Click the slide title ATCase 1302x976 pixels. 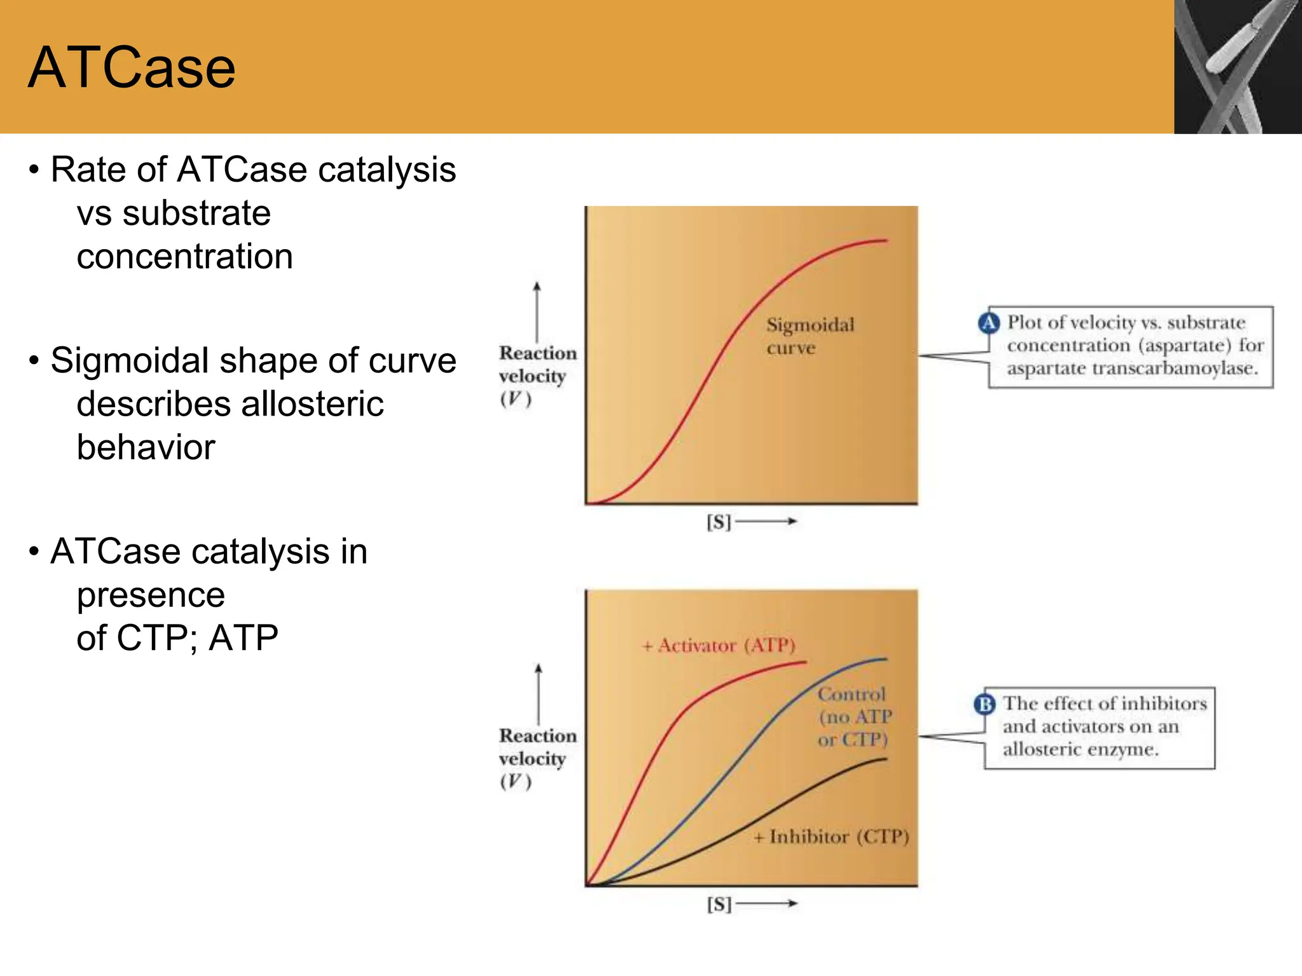tap(132, 68)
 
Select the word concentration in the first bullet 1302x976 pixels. tap(184, 257)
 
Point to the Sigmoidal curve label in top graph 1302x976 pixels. tap(809, 335)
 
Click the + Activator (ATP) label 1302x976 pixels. tap(718, 646)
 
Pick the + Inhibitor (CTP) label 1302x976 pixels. tap(832, 837)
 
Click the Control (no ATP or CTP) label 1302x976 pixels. tap(853, 717)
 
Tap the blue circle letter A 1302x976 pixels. tap(989, 323)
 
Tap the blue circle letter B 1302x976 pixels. tap(985, 704)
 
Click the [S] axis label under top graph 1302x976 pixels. tap(719, 522)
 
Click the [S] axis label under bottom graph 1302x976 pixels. tap(719, 904)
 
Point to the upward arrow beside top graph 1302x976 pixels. tap(537, 311)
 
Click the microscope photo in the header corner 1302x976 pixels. tap(1237, 67)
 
